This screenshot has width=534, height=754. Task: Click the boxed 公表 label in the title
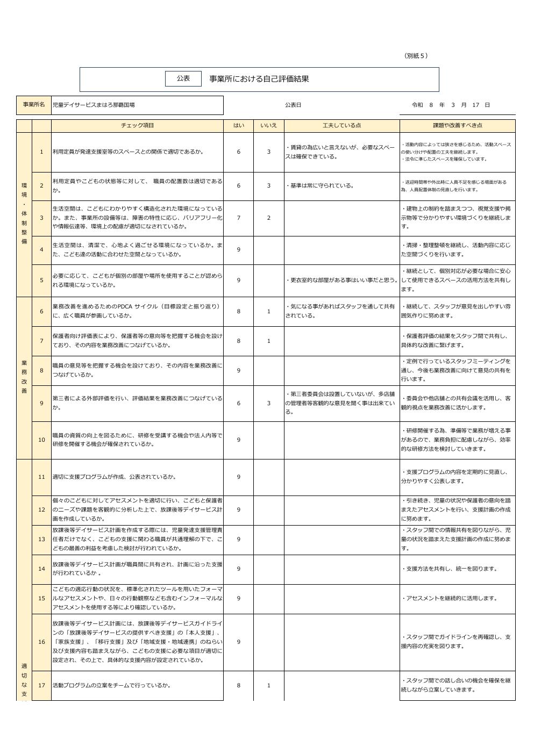tap(183, 78)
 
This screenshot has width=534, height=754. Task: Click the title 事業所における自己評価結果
tap(259, 79)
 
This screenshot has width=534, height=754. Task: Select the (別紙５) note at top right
tap(416, 56)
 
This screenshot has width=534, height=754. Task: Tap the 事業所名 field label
tap(34, 105)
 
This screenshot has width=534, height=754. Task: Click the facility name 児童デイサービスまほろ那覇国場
tap(94, 105)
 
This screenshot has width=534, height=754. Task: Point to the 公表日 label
tap(293, 105)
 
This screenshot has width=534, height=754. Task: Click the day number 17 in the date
tap(475, 105)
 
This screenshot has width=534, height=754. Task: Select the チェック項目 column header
tap(137, 125)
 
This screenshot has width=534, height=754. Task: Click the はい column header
tap(238, 125)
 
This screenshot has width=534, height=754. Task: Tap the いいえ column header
tap(268, 125)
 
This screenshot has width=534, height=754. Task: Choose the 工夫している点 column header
tap(341, 125)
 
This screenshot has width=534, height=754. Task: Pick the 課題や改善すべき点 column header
tap(457, 125)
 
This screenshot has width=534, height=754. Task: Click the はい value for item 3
tap(238, 218)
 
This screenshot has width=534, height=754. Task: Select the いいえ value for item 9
tap(269, 403)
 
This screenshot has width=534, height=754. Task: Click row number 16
tap(41, 642)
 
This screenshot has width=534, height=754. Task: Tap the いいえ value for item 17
tap(269, 685)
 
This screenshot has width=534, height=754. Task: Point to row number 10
tap(41, 440)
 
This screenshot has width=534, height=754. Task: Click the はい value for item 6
tap(238, 311)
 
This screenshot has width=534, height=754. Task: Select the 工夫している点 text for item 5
tap(341, 280)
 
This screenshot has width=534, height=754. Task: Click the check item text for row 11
tap(114, 477)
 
